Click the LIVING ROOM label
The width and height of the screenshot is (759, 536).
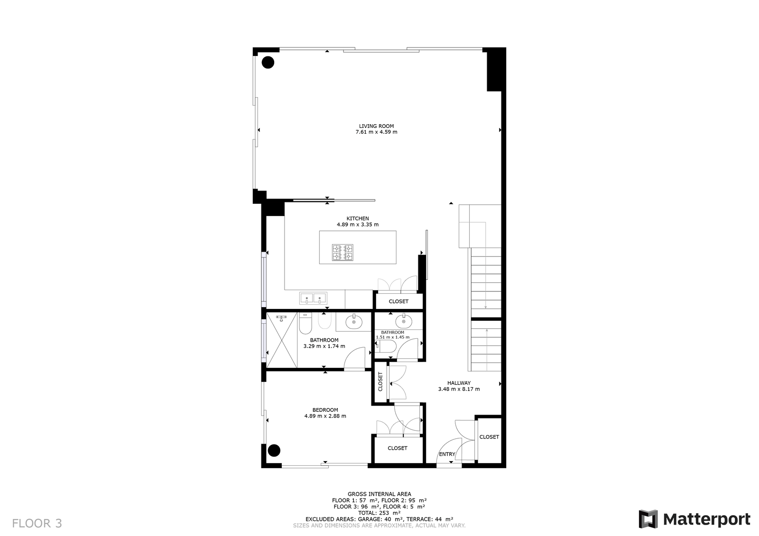[x=377, y=126]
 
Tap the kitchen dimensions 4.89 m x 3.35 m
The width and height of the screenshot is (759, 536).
[x=358, y=225]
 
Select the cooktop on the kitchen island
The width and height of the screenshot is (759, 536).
[x=342, y=253]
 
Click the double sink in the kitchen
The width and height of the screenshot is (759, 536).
[x=313, y=298]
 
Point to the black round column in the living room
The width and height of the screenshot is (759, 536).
[x=268, y=62]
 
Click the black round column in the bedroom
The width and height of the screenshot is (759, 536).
[x=274, y=450]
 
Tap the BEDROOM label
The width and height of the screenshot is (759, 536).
[x=325, y=410]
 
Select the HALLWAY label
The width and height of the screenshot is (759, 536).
[x=459, y=383]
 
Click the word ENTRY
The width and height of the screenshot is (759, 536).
[x=447, y=454]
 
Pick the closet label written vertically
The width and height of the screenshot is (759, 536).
[x=380, y=382]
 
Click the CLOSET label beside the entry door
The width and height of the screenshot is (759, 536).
[x=489, y=437]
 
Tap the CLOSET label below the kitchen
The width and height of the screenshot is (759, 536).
[x=398, y=301]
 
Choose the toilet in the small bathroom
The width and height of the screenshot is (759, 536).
[x=386, y=346]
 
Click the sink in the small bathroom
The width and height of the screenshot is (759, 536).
[x=404, y=321]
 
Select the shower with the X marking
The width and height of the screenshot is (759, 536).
[x=282, y=340]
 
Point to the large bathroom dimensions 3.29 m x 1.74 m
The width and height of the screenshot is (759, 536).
[x=324, y=346]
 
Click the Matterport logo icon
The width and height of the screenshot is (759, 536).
[x=648, y=519]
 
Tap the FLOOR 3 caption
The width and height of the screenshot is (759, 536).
[x=37, y=524]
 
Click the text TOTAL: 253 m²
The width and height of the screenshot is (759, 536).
[x=379, y=513]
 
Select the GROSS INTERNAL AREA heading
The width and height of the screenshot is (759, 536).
[x=379, y=494]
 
